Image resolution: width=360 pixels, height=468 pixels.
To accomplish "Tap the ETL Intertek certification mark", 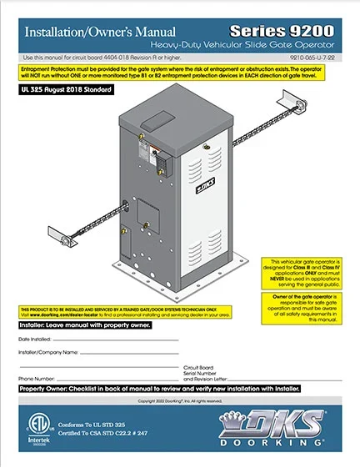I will coord(31,425).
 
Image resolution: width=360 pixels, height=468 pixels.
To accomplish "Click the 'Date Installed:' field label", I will coord(37,340).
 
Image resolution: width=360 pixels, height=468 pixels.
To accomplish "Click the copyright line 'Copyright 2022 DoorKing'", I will coord(178,401).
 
